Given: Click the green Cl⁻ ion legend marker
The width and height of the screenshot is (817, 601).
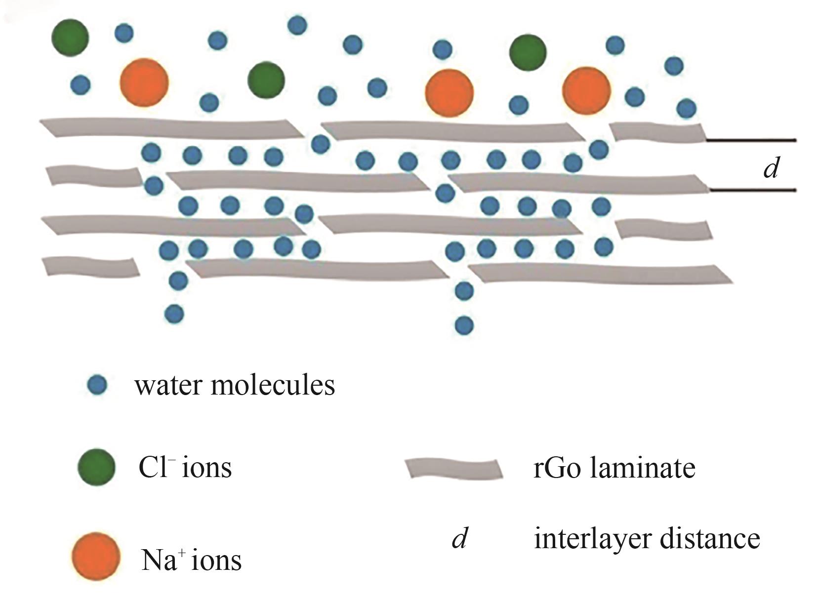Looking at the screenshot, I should click(x=97, y=466).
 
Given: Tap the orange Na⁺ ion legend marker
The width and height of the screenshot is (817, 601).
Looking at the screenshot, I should click(x=96, y=556).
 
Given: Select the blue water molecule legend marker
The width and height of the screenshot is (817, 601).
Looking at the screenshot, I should click(x=97, y=384).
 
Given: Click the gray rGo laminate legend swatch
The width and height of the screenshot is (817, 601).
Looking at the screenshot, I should click(x=453, y=468).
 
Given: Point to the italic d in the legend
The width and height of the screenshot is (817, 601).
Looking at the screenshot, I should click(x=459, y=538).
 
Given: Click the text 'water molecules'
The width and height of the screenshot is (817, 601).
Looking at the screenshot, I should click(x=235, y=385).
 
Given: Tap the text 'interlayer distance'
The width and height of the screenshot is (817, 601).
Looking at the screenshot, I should click(x=647, y=538).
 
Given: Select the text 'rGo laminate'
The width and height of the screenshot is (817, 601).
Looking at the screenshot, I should click(x=614, y=467).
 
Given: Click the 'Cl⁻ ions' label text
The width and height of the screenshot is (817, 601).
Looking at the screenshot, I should click(x=185, y=467).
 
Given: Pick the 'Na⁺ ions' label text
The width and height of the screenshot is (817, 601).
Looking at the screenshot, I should click(x=191, y=560).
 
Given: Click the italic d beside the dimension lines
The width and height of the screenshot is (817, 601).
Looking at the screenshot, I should click(x=771, y=168).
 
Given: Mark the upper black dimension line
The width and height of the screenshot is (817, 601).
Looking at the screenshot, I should click(x=751, y=141).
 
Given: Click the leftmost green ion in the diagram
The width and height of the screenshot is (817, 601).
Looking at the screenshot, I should click(x=70, y=38).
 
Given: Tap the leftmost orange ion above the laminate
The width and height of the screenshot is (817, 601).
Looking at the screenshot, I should click(x=144, y=82).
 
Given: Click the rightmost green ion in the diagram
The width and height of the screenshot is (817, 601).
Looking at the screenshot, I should click(x=528, y=52).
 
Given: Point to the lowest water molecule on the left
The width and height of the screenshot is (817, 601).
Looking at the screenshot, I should click(x=174, y=313).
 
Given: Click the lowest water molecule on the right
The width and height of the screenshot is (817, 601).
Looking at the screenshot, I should click(x=464, y=325).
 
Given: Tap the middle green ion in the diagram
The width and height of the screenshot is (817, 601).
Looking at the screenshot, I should click(x=266, y=80).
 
